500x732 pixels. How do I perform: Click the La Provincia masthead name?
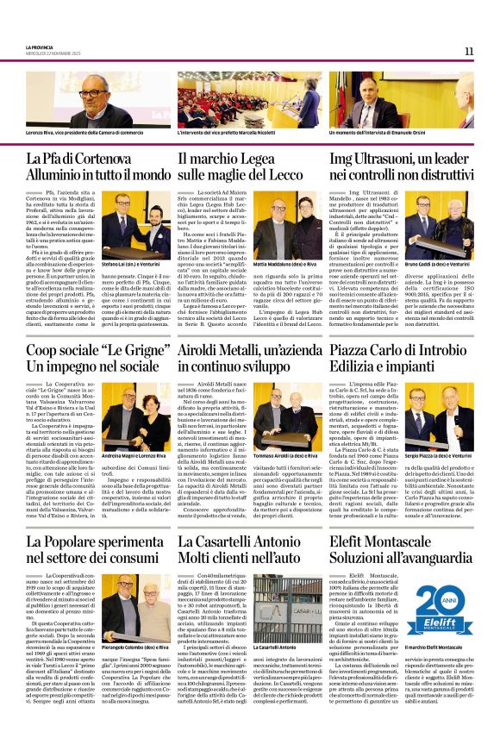pyautogui.click(x=39, y=47)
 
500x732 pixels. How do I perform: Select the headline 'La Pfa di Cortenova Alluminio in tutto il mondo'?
pyautogui.click(x=98, y=166)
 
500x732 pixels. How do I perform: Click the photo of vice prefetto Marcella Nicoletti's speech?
pyautogui.click(x=251, y=99)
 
